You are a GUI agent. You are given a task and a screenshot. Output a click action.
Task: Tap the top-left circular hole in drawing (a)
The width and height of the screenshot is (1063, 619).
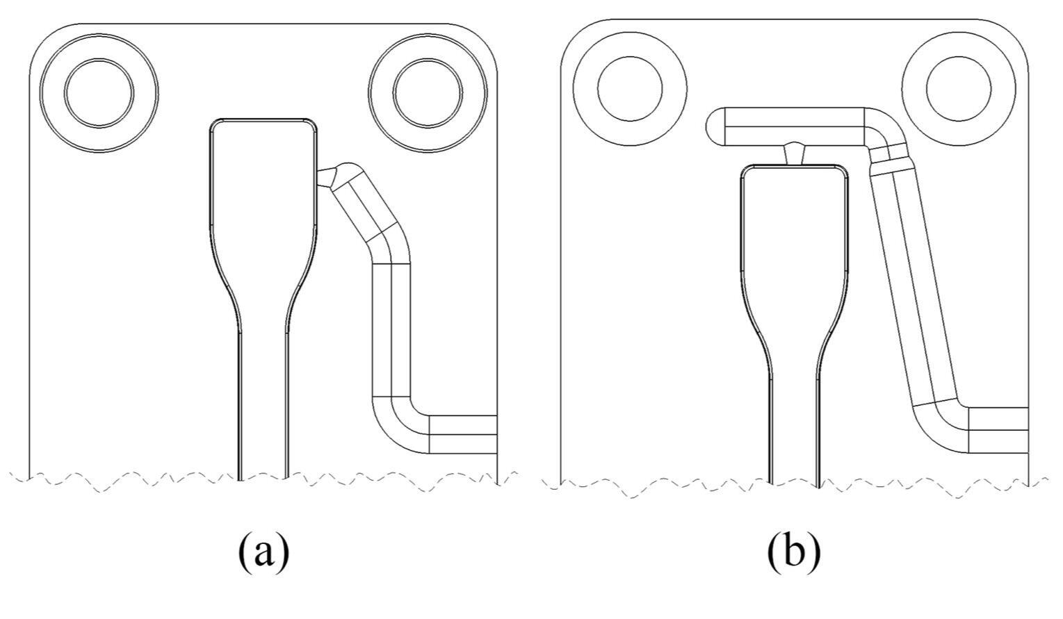pos(99,92)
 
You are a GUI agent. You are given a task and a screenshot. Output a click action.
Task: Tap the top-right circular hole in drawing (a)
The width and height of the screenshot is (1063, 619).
pos(427,92)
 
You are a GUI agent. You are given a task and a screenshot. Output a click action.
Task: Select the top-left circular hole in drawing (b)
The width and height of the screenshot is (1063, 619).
pos(630,88)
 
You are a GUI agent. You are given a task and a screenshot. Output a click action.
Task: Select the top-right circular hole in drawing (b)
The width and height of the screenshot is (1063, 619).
pos(959,88)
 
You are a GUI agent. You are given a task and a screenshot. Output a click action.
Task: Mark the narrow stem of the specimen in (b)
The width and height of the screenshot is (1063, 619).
pos(793,424)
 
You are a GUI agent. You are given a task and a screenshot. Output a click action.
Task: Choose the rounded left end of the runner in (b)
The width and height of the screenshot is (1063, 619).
pos(715,126)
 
